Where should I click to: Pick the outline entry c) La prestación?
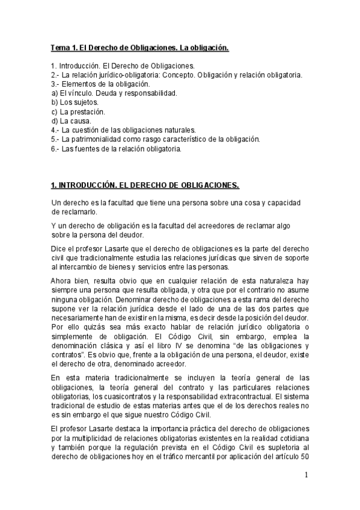pyautogui.click(x=79, y=111)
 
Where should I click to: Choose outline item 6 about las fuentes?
pyautogui.click(x=115, y=147)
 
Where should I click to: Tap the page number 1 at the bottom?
pyautogui.click(x=307, y=475)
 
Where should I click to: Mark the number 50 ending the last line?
pyautogui.click(x=305, y=456)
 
